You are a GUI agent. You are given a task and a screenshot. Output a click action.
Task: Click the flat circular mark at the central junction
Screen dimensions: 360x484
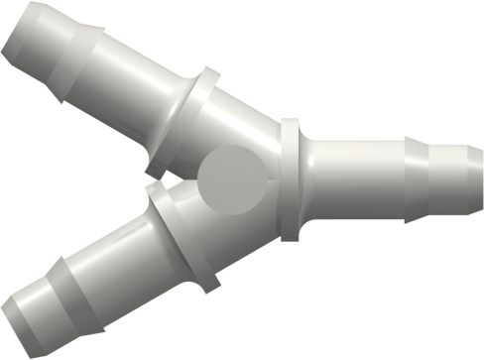233,179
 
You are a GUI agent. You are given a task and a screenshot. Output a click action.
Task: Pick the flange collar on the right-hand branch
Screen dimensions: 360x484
289,180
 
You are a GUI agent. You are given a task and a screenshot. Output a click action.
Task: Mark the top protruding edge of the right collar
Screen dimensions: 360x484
289,124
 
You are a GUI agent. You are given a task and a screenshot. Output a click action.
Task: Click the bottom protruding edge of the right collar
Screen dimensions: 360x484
289,236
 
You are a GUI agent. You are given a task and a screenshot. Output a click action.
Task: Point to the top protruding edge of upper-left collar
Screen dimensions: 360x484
207,74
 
